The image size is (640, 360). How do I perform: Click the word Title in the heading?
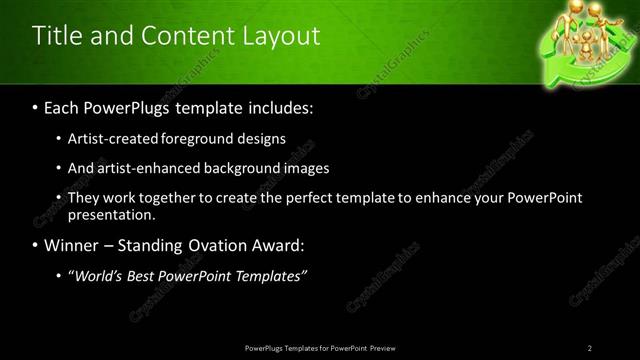coord(57,37)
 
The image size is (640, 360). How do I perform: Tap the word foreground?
coord(208,139)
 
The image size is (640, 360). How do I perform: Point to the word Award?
coord(283,245)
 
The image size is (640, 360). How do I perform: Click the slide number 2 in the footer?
coord(590,347)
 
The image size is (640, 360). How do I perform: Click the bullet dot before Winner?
coord(36,246)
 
